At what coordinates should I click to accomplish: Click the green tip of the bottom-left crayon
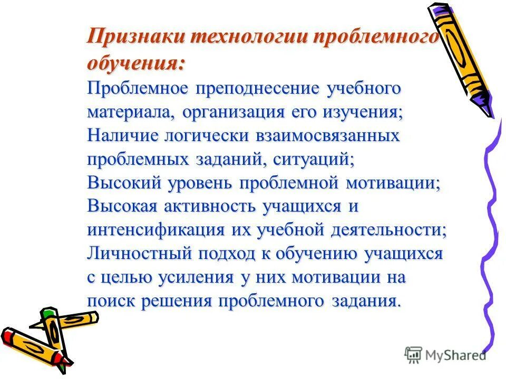[48, 314]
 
